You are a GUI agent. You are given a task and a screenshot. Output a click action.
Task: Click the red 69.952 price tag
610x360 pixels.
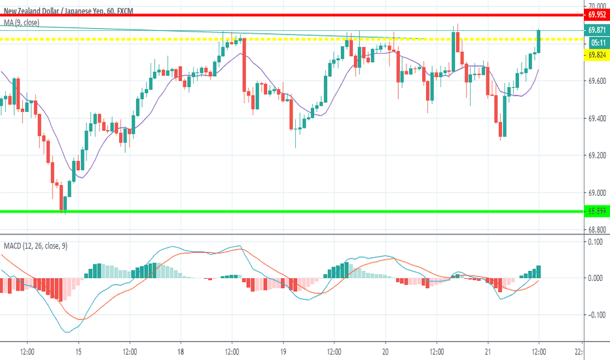(x=596, y=14)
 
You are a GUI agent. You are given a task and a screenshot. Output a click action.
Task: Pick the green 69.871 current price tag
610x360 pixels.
(x=596, y=29)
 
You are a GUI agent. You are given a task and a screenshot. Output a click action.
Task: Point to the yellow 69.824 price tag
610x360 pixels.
(x=596, y=56)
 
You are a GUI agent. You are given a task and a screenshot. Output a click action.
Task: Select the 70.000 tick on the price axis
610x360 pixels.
(x=596, y=4)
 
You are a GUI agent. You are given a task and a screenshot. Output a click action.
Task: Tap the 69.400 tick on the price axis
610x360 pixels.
(x=596, y=118)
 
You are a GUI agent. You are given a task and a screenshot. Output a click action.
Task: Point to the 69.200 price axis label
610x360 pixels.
(x=596, y=156)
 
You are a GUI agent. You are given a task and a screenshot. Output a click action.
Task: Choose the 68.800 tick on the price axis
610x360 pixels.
(x=596, y=230)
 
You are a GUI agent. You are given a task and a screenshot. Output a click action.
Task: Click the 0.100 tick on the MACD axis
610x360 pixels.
(x=596, y=242)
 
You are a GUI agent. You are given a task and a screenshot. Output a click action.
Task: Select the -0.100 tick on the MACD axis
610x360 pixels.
(x=596, y=315)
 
